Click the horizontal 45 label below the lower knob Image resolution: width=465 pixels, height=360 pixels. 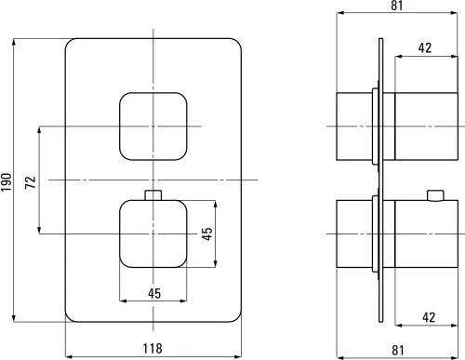click(x=154, y=293)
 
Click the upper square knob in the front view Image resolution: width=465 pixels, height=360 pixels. click(x=154, y=126)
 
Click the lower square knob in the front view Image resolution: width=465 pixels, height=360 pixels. click(x=154, y=233)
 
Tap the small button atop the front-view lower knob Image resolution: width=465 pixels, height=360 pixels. click(x=154, y=194)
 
